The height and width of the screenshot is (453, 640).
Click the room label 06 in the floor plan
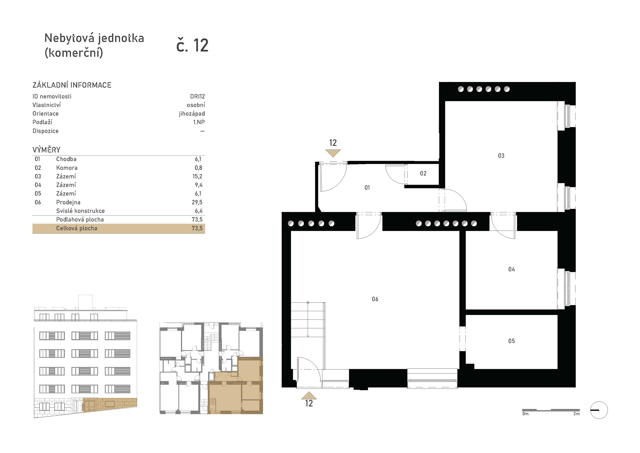point(375,299)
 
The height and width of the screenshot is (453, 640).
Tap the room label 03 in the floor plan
point(501,156)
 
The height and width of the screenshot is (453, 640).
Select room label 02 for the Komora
point(423,173)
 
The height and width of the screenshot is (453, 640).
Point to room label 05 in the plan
point(511,341)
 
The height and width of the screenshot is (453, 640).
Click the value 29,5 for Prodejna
point(197,202)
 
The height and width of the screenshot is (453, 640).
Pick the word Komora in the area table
point(67,168)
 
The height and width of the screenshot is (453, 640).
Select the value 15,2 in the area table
point(197,176)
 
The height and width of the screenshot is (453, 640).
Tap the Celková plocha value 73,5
point(197,228)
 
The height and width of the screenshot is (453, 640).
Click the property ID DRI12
point(197,96)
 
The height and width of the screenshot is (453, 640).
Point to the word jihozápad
point(192,114)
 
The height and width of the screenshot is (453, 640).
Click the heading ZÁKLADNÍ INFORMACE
point(72,85)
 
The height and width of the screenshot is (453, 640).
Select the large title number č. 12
point(192,45)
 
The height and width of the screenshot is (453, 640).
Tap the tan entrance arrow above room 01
point(333,153)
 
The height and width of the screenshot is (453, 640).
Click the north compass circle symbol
point(599,410)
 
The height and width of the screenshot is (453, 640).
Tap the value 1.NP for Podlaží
point(199,122)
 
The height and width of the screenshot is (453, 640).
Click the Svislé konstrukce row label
point(80,211)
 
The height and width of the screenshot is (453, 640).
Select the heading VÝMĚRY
point(46,150)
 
